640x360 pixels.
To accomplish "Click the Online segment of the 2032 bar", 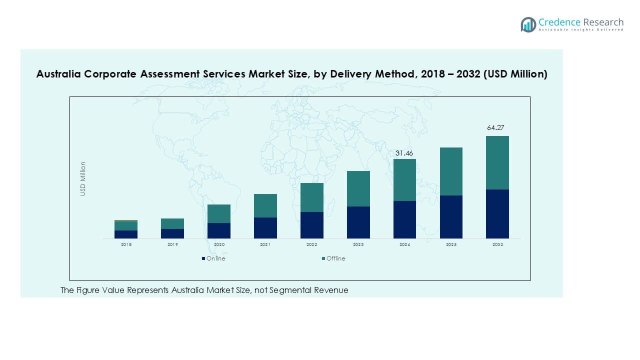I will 497,214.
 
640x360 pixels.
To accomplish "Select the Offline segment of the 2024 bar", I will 404,180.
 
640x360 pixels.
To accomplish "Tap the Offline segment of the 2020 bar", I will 218,213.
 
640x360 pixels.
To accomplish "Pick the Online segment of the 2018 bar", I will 125,234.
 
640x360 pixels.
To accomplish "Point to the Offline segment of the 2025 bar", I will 451,171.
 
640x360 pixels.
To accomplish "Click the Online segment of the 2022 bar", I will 311,225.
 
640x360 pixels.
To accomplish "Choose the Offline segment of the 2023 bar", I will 358,188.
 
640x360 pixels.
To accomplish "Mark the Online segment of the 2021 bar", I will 265,227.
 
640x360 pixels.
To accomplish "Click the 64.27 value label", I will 495,128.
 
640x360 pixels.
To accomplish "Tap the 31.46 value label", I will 404,153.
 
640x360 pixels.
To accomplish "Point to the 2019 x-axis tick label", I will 172,244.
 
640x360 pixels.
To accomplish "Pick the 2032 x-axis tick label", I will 497,244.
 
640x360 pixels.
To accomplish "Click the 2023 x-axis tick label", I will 358,244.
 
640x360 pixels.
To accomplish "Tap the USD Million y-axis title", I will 83,178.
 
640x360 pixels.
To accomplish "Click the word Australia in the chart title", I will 59,74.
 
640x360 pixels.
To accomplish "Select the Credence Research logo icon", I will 528,24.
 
